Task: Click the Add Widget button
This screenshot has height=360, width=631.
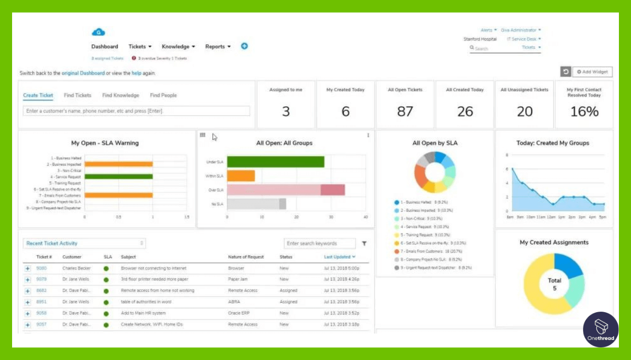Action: [592, 71]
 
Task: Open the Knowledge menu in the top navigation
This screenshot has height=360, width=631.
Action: [178, 47]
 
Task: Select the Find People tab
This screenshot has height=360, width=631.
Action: [163, 96]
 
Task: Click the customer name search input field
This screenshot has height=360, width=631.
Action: [137, 111]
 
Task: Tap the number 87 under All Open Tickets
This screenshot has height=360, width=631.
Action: [405, 111]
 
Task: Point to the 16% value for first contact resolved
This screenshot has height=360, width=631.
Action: [584, 111]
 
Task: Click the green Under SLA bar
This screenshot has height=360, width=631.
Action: [275, 162]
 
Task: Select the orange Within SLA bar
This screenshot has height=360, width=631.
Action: [241, 176]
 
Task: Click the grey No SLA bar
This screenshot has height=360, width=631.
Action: [256, 204]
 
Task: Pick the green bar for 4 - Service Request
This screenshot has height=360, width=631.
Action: [118, 177]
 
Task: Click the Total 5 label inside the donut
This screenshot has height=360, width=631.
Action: [554, 284]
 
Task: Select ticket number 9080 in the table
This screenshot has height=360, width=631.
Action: [42, 269]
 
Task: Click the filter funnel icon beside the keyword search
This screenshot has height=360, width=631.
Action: [364, 243]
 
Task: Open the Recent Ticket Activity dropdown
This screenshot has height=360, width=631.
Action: [85, 243]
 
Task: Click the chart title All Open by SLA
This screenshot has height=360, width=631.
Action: [434, 143]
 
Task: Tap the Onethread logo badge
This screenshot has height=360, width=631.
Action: [601, 329]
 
